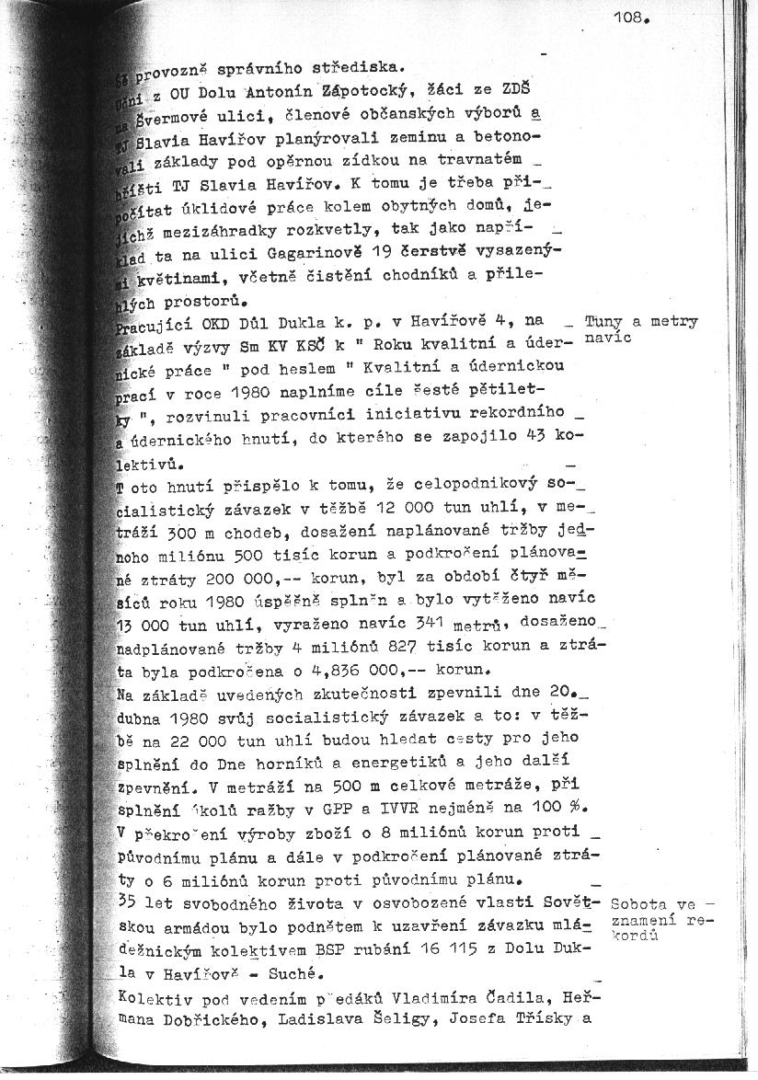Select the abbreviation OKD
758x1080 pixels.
229,321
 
